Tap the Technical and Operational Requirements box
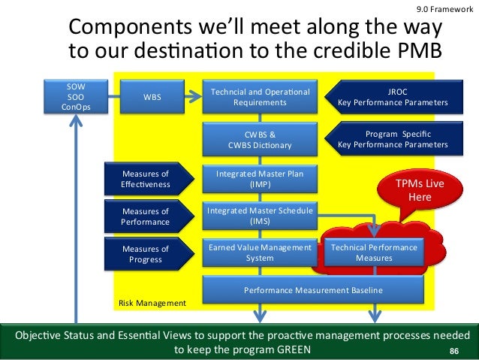[259, 97]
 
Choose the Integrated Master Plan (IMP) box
[259, 179]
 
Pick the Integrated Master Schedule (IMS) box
[259, 216]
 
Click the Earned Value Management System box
[259, 252]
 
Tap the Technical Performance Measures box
[373, 252]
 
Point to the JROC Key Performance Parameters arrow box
[392, 97]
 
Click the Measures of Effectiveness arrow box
[145, 179]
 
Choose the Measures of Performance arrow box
[145, 216]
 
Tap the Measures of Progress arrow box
[145, 253]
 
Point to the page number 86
[453, 351]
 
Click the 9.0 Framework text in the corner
[444, 8]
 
